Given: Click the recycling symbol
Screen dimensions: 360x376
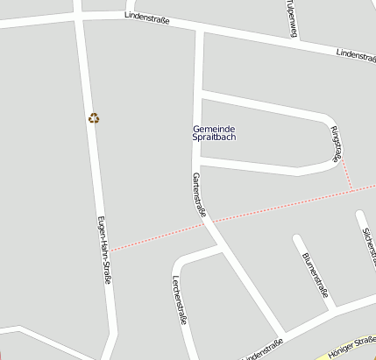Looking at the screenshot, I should (94, 118).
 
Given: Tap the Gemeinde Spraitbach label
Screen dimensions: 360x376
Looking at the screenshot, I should (214, 133).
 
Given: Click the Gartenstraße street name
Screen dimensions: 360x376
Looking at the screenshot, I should (199, 194).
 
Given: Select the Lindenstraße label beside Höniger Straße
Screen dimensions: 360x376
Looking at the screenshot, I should (262, 349).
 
